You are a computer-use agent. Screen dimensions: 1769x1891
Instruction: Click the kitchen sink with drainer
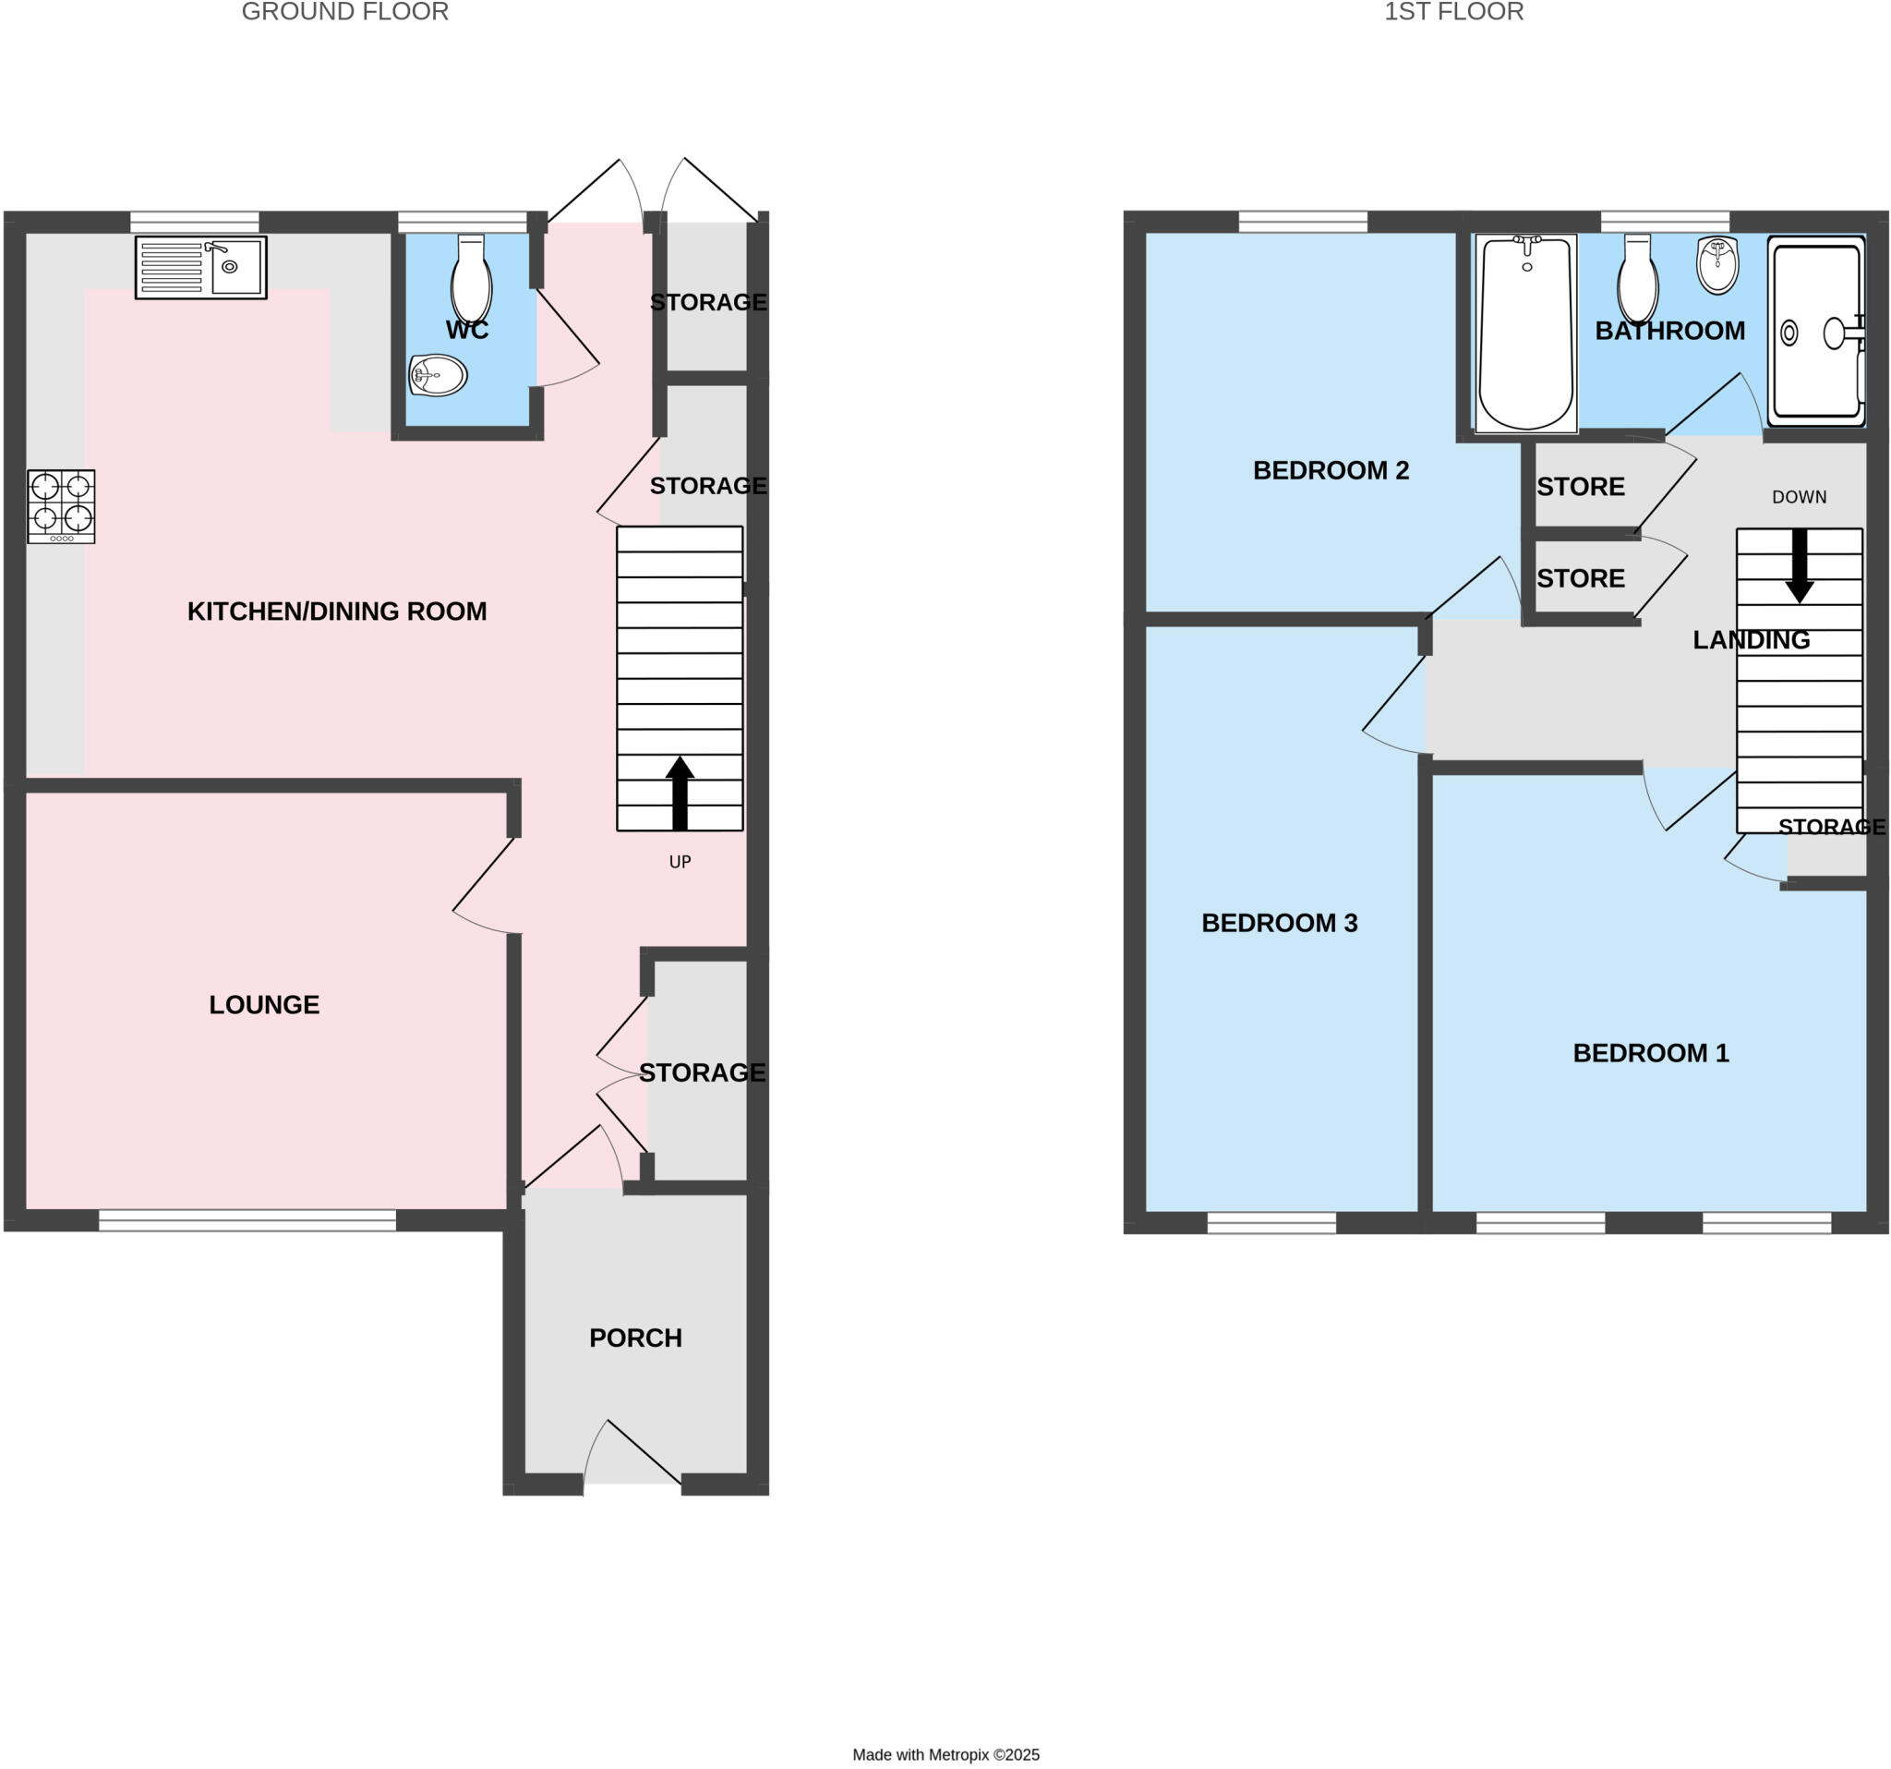coord(200,267)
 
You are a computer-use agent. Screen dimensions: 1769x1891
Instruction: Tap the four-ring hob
coord(61,505)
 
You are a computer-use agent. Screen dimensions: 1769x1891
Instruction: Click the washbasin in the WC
coord(438,375)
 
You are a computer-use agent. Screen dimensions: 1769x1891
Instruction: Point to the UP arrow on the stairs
coord(680,793)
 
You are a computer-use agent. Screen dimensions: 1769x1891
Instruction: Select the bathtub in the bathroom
coord(1525,333)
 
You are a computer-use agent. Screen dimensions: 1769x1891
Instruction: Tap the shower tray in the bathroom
coord(1816,331)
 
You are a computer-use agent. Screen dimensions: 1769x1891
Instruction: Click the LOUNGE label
coord(264,1005)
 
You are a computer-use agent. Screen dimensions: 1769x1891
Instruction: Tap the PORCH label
coord(635,1338)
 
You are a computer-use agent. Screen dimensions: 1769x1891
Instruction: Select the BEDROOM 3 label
coord(1280,923)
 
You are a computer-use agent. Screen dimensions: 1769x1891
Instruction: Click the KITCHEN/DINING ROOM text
coord(337,611)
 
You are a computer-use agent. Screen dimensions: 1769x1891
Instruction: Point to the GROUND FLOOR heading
coord(344,12)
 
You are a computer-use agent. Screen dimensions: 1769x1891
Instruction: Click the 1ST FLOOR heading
coord(1453,12)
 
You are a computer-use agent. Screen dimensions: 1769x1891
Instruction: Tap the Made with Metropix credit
coord(945,1755)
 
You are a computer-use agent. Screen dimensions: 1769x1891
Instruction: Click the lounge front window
coord(247,1220)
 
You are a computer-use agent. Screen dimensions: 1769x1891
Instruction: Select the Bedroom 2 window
coord(1302,222)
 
